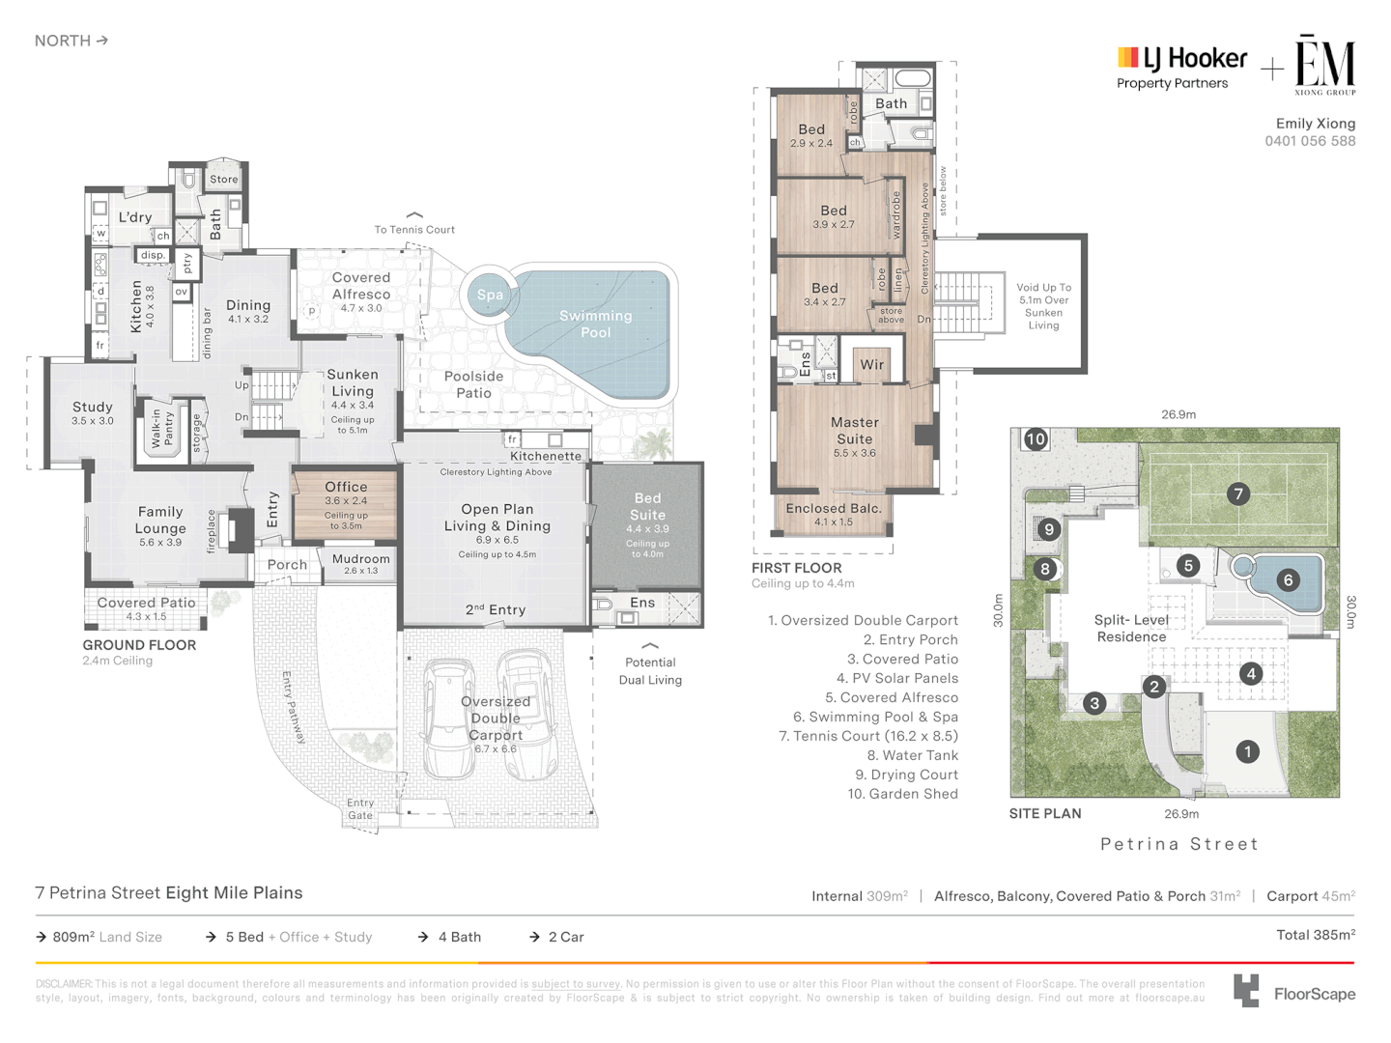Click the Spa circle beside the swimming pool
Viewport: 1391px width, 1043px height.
490,296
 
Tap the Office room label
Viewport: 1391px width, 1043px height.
346,488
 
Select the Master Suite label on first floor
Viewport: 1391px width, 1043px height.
855,431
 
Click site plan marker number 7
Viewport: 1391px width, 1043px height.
1238,494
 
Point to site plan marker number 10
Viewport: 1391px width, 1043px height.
1036,439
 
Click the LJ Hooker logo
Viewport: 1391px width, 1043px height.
1181,68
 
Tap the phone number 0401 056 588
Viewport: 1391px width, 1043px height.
1310,141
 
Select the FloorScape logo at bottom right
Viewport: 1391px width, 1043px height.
1294,993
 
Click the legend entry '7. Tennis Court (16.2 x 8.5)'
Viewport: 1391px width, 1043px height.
868,736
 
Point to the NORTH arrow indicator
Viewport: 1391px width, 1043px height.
71,41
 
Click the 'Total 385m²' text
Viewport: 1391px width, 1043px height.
1315,935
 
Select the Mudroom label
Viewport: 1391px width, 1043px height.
360,559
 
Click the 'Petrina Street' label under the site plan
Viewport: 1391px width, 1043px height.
1179,844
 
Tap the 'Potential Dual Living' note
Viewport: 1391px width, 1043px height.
650,671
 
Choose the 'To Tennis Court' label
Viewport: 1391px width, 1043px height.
414,230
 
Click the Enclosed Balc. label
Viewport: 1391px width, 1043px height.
833,509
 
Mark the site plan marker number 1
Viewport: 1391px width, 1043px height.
1247,751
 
